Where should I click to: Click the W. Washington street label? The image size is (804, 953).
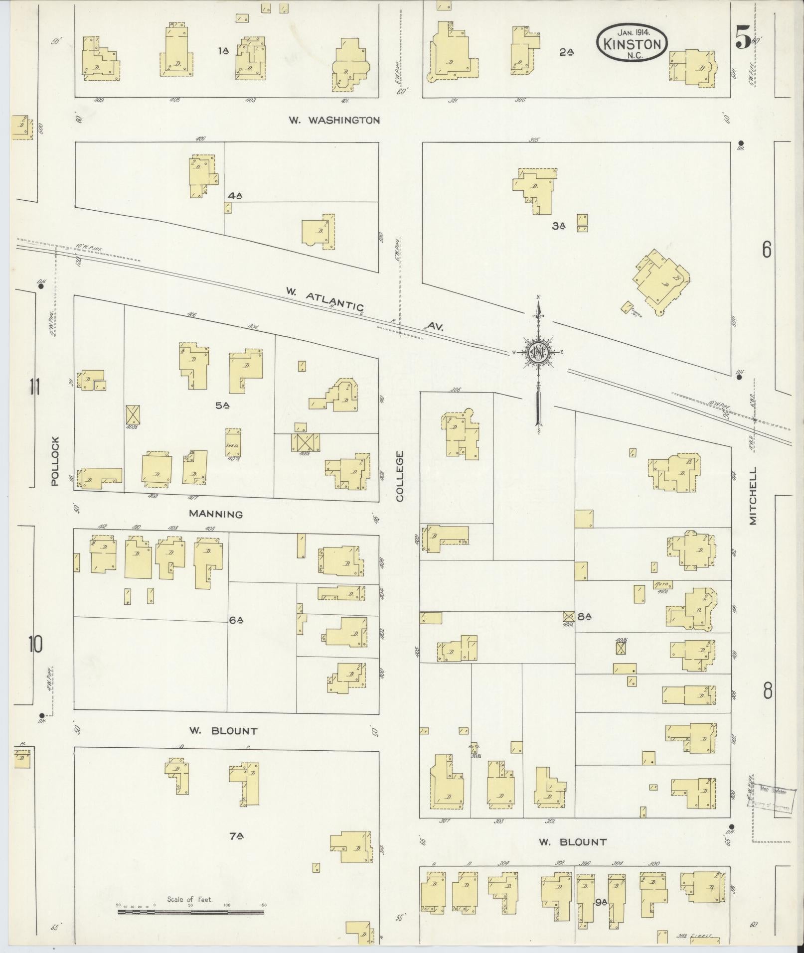click(x=334, y=120)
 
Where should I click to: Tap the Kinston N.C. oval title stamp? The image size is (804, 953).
click(x=632, y=44)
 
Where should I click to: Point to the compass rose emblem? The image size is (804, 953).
click(x=538, y=352)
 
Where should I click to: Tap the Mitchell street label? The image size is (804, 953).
click(x=752, y=495)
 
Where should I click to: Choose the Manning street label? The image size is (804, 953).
click(x=216, y=514)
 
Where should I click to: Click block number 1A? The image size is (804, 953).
click(x=223, y=50)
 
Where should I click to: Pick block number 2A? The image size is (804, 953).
click(x=566, y=51)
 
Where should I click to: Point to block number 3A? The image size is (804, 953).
click(x=559, y=226)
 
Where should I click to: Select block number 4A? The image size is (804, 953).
click(x=234, y=196)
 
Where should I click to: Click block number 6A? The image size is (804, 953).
click(x=236, y=620)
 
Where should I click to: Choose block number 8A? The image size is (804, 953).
click(x=584, y=616)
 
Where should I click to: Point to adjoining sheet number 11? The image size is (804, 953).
click(x=34, y=387)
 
